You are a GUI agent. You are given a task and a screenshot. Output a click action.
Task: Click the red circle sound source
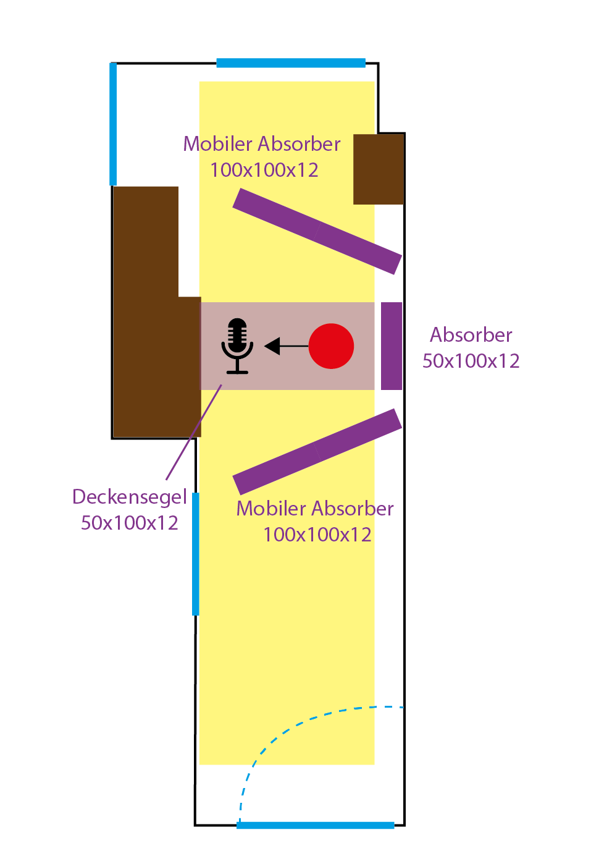coord(331,346)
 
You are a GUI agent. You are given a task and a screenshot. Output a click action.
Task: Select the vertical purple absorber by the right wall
coord(392,346)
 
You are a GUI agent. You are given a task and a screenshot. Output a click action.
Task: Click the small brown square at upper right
coord(379,169)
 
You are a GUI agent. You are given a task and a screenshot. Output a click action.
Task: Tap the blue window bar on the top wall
coord(291,62)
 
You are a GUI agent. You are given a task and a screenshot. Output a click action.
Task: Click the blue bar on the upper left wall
coord(113,124)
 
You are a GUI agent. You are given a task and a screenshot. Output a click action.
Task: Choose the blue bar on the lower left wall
coord(196,553)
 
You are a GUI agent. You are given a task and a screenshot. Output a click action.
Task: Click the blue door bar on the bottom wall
coord(316,825)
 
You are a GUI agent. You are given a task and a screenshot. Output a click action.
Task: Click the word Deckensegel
coord(129,497)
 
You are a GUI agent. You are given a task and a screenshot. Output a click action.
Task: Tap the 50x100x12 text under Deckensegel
coord(129,523)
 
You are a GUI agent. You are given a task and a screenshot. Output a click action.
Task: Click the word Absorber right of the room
coord(471,335)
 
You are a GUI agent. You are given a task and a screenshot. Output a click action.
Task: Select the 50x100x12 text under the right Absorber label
coord(471,361)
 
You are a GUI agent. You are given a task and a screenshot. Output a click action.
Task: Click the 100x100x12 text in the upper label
coord(264,170)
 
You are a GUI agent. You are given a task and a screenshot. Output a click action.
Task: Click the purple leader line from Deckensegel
coord(193,432)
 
